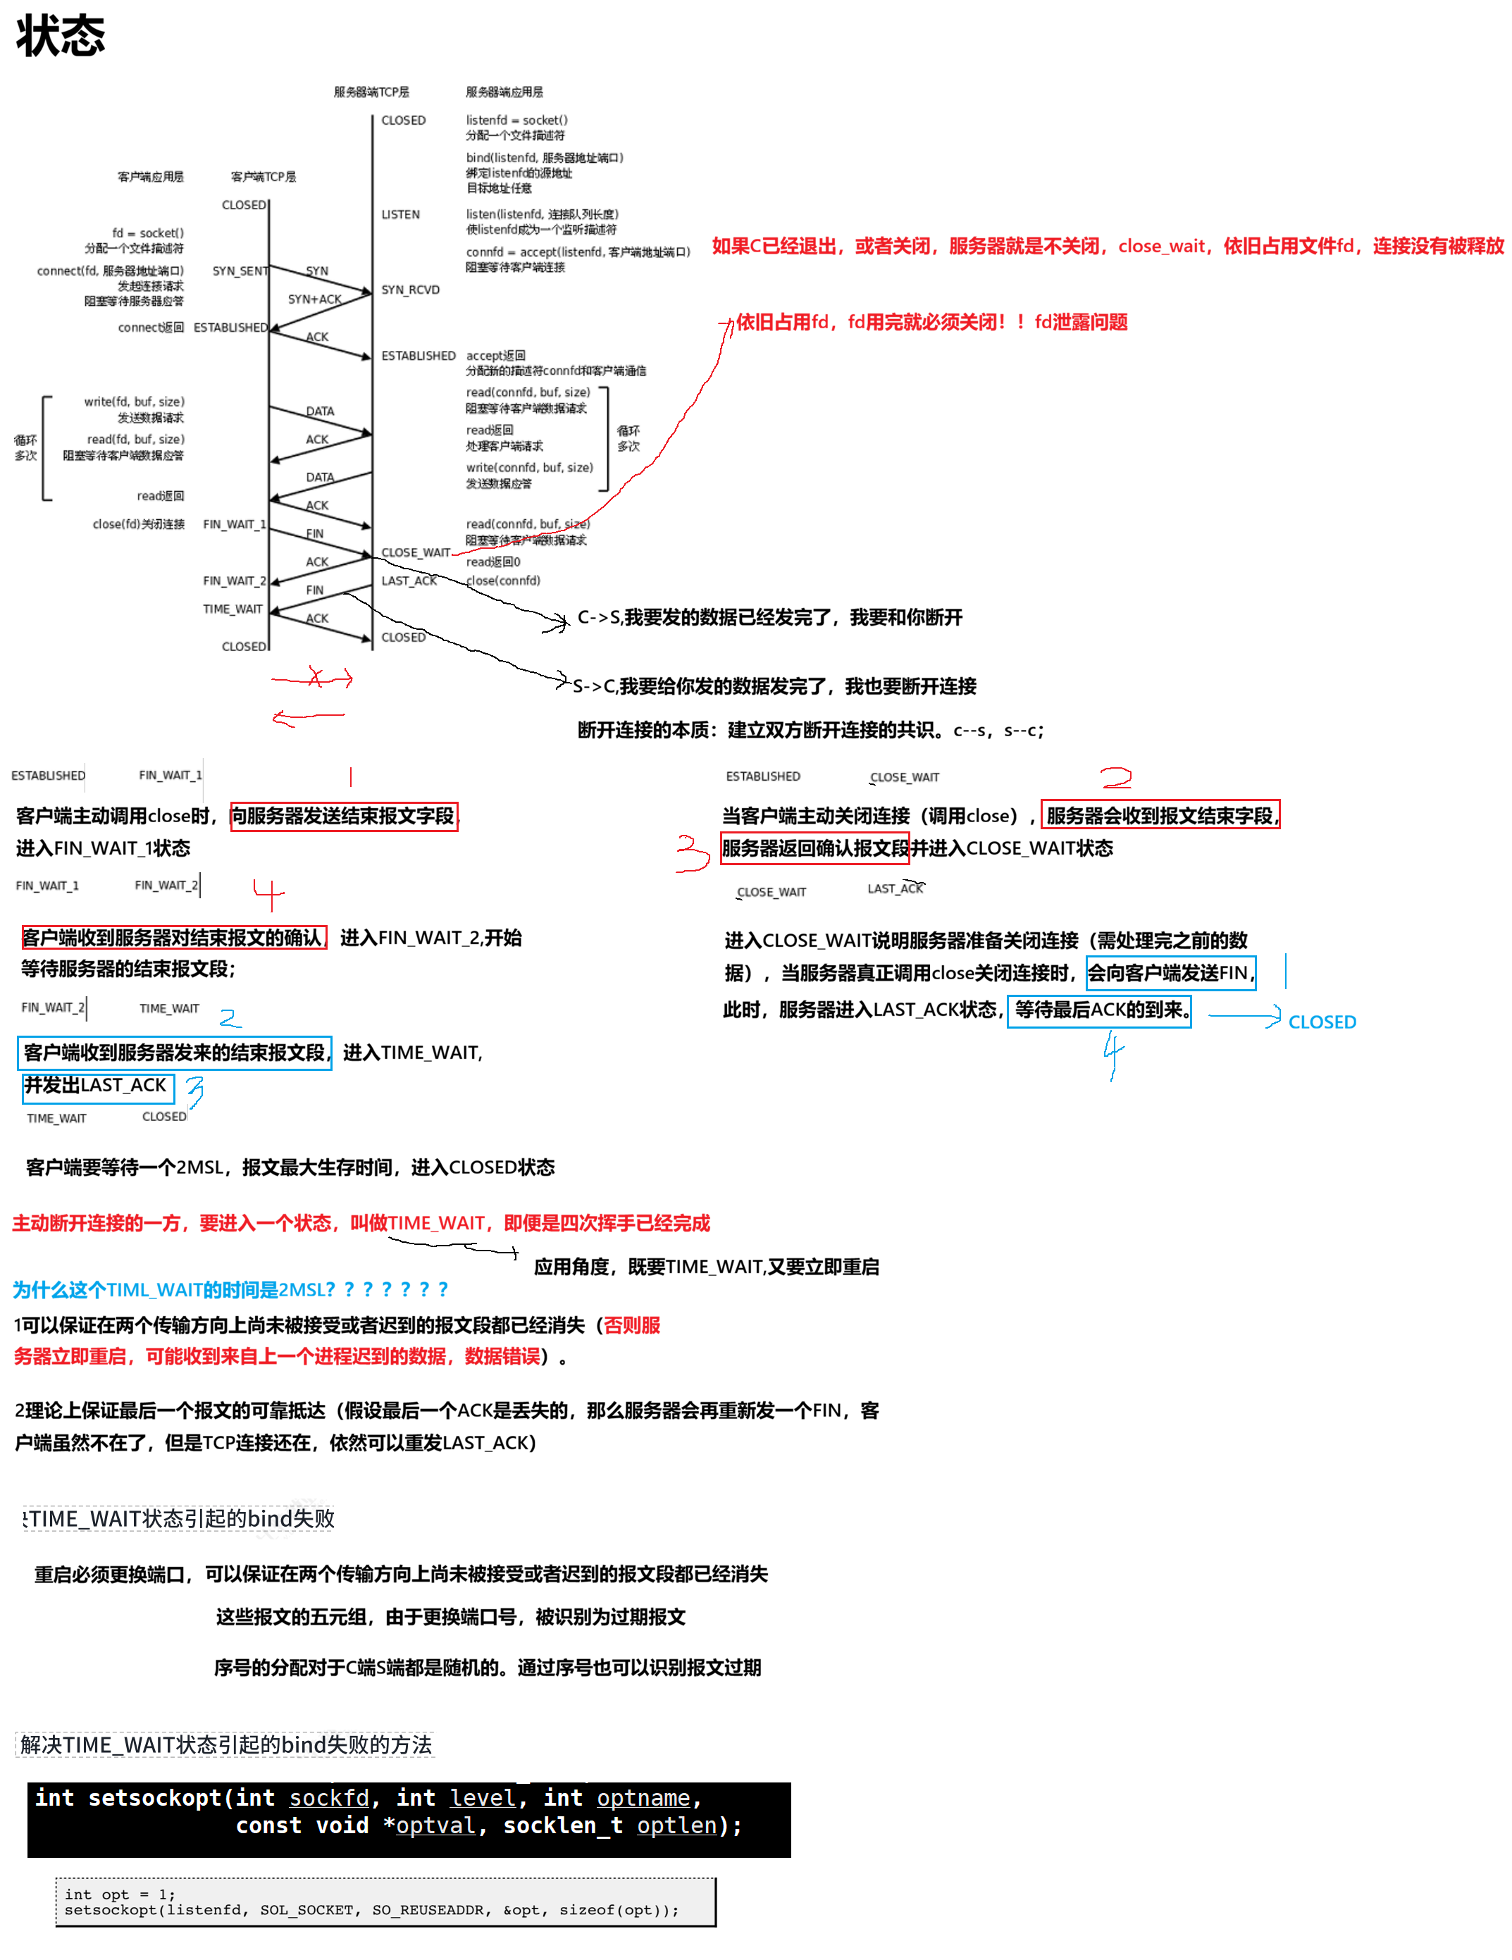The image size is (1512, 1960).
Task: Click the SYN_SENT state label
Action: (x=240, y=271)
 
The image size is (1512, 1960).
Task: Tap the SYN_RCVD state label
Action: (x=410, y=290)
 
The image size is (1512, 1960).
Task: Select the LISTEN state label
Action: (x=400, y=214)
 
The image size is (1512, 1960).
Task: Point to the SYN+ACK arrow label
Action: (x=314, y=299)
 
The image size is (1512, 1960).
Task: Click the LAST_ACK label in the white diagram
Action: (x=408, y=581)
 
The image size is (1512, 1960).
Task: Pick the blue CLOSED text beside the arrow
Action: (x=1322, y=1022)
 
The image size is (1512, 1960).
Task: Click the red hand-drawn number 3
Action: (x=692, y=852)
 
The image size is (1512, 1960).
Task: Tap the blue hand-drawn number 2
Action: (x=230, y=1017)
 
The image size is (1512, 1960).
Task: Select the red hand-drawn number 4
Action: (x=268, y=894)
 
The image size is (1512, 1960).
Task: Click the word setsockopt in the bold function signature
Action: (x=154, y=1797)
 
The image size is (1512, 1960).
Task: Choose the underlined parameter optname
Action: (x=643, y=1797)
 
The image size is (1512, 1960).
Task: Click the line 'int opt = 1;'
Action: (x=119, y=1894)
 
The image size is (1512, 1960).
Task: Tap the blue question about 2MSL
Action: (x=230, y=1289)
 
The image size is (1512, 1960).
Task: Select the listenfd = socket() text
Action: (x=516, y=120)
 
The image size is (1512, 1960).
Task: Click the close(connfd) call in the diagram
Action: (x=503, y=581)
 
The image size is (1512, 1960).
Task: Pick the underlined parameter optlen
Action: (x=676, y=1825)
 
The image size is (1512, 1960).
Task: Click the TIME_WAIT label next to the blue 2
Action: (x=168, y=1009)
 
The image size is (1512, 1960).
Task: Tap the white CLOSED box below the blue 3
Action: (x=163, y=1117)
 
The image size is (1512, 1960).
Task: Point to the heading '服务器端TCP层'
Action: (x=371, y=92)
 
